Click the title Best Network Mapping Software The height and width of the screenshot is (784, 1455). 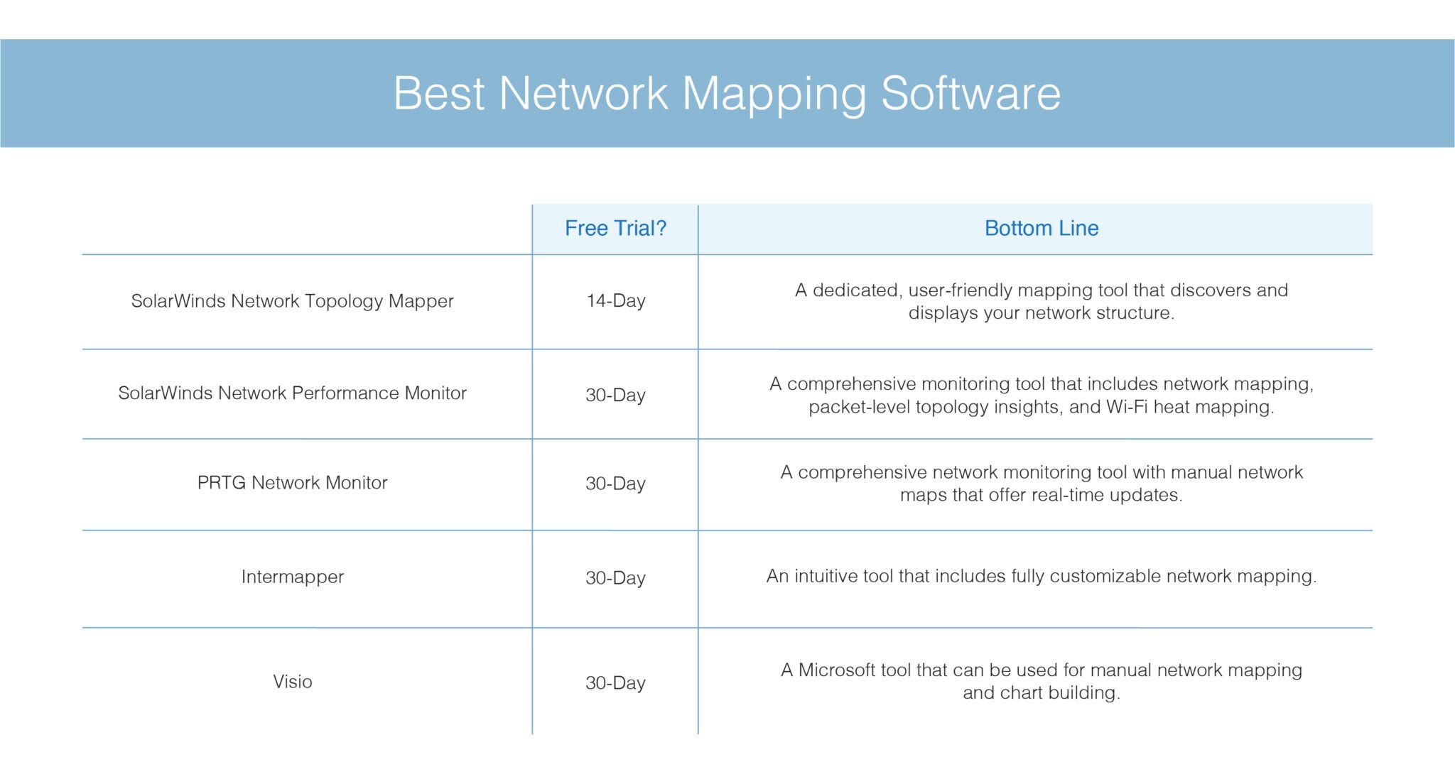(x=727, y=93)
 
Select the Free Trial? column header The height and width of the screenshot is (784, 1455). (x=615, y=228)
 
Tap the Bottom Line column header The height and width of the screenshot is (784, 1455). (x=1041, y=228)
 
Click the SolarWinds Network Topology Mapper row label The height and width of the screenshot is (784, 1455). (x=292, y=301)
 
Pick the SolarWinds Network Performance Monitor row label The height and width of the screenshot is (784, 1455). (x=292, y=393)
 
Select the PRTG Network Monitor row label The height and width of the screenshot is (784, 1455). (x=292, y=483)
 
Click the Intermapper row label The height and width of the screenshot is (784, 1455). (x=292, y=577)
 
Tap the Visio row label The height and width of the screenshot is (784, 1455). (x=292, y=682)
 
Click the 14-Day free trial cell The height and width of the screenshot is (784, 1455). (x=615, y=301)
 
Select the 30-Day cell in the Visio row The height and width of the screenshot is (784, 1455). (x=615, y=683)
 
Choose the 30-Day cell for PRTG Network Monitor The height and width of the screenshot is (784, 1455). (x=615, y=484)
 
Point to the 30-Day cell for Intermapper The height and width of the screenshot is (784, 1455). (x=615, y=578)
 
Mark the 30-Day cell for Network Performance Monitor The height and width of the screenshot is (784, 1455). (x=615, y=395)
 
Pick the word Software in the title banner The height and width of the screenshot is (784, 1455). (x=970, y=93)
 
